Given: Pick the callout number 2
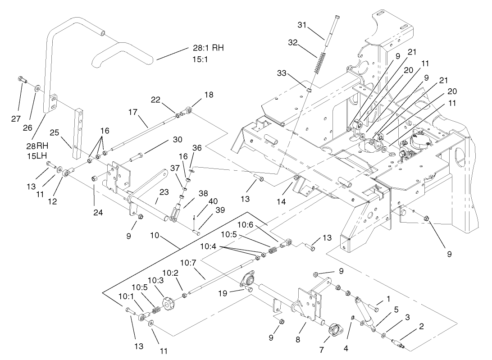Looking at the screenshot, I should coord(421,326).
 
